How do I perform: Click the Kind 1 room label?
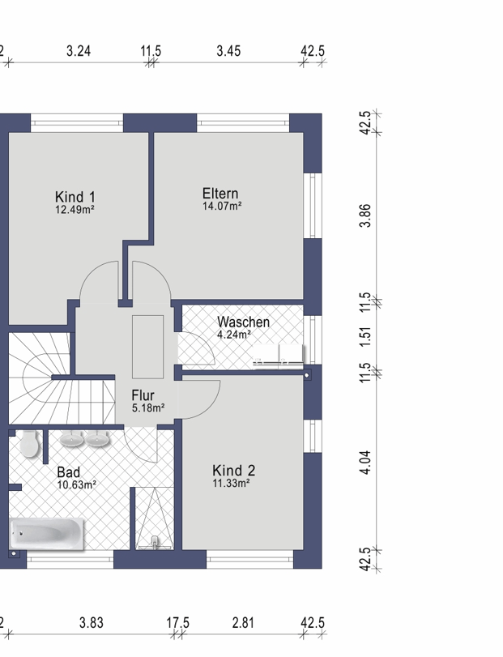coord(75,197)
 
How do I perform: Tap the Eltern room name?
coord(220,193)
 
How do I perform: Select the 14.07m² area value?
coord(222,206)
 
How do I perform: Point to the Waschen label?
coord(243,322)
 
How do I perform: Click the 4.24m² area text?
coord(234,335)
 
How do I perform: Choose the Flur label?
coord(143,395)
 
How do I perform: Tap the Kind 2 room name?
coord(234,470)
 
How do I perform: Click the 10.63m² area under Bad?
coord(77,484)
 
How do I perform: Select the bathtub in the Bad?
coord(47,533)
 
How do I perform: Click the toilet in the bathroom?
coord(29,443)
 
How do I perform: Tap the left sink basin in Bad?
coord(71,439)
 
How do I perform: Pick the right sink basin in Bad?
coord(97,439)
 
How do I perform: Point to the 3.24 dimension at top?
coord(79,51)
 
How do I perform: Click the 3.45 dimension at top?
coord(228,51)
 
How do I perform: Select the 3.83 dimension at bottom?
coord(92,623)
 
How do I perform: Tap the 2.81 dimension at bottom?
coord(243,623)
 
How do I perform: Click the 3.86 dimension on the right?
coord(365,215)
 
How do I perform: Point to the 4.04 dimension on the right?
coord(365,462)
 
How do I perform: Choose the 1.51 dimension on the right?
coord(365,336)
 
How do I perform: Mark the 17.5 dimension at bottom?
coord(177,623)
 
